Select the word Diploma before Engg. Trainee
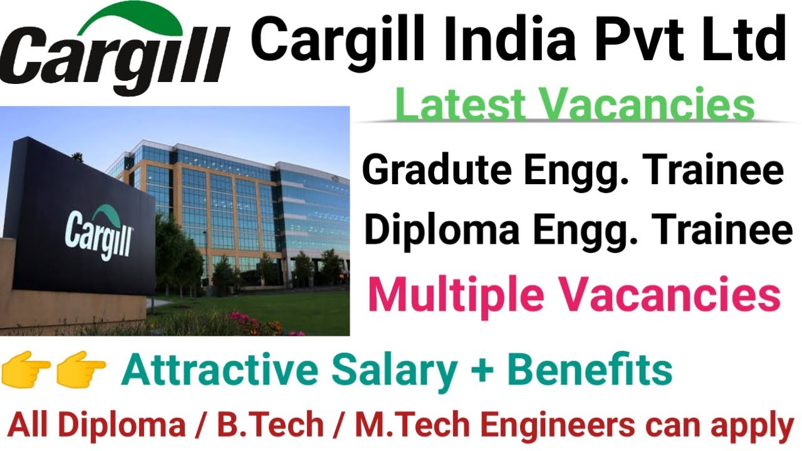point(442,230)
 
